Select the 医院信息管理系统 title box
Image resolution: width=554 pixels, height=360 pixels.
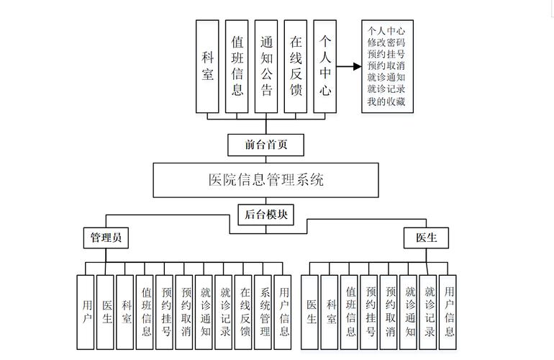click(x=265, y=180)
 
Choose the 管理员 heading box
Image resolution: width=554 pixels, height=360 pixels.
click(x=106, y=238)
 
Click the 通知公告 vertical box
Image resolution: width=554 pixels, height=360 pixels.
click(x=267, y=66)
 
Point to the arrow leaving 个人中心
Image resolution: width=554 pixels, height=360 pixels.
click(x=348, y=66)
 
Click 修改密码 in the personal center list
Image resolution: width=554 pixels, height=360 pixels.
click(x=386, y=43)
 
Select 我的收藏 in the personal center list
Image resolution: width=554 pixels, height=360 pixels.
click(x=386, y=102)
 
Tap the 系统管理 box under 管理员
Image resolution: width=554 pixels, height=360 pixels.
click(x=264, y=311)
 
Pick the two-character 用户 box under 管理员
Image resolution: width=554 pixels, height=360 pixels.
click(x=86, y=311)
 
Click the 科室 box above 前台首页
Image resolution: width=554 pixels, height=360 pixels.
click(x=208, y=66)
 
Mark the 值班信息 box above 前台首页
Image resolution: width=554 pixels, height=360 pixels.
click(x=237, y=66)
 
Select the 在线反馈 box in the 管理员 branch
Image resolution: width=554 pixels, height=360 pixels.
click(x=245, y=311)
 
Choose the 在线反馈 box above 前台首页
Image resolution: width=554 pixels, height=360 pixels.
click(x=296, y=66)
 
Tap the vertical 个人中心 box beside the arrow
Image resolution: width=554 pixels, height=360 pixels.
click(x=325, y=66)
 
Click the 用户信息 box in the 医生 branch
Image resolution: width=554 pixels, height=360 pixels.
click(x=449, y=311)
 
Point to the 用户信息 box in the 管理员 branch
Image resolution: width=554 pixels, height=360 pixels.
click(x=283, y=311)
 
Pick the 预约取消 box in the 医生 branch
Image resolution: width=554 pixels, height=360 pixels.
click(x=390, y=311)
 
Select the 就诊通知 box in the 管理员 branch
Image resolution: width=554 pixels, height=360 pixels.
click(x=205, y=311)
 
